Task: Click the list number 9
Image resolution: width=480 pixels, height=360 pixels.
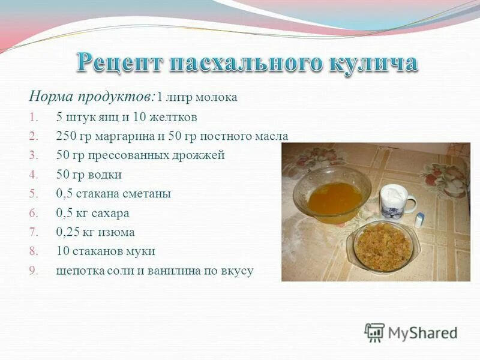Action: (33, 271)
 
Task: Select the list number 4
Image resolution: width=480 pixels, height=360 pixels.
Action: (33, 175)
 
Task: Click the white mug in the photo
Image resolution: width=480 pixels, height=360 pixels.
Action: (396, 201)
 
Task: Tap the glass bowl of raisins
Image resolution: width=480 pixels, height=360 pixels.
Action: (382, 245)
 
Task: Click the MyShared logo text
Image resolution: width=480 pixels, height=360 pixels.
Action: (422, 332)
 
